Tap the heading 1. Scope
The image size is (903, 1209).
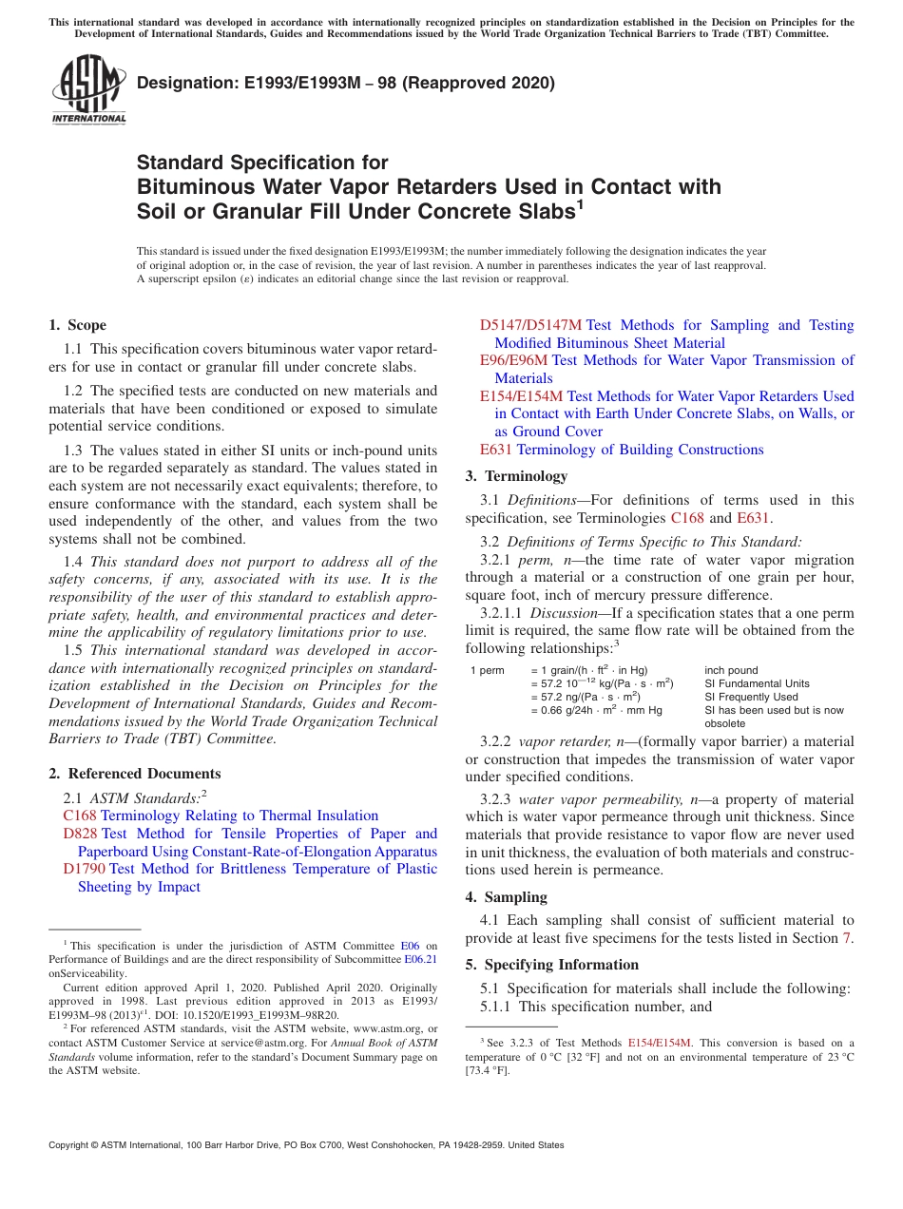[77, 325]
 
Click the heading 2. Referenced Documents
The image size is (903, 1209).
[134, 774]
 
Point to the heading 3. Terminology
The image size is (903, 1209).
[516, 476]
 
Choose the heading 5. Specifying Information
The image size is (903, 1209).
[551, 965]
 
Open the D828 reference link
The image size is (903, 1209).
[80, 834]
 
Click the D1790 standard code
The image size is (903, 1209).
[84, 869]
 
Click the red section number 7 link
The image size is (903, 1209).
[848, 939]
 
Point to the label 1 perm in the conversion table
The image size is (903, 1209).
[488, 670]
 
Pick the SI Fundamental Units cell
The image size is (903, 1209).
[757, 683]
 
